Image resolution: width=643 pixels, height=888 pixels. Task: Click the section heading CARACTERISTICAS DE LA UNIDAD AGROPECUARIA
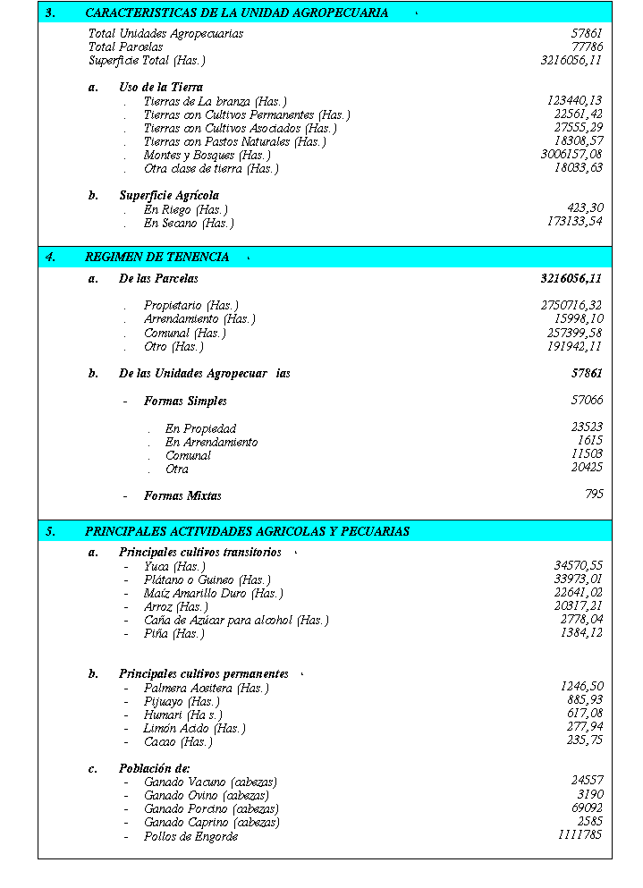pos(236,13)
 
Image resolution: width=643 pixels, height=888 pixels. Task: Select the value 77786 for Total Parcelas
pos(587,47)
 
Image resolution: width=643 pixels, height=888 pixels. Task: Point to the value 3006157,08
pos(571,156)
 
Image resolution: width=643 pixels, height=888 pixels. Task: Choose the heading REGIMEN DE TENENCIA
pos(157,258)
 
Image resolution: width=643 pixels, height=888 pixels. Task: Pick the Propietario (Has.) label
pos(190,306)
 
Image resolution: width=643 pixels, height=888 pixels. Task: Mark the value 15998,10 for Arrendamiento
pos(578,319)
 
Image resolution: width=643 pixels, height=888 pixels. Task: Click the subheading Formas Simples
pos(185,402)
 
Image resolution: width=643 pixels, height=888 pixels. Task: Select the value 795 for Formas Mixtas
pos(594,494)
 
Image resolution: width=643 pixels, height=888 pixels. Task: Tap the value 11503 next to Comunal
pos(587,454)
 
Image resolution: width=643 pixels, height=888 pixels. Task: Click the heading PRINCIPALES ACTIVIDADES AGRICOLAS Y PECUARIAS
pos(247,532)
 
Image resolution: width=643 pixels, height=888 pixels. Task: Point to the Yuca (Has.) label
pos(174,567)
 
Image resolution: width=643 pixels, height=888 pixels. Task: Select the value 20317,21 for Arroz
pos(578,606)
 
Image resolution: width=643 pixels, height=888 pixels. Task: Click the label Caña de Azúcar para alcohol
pos(236,621)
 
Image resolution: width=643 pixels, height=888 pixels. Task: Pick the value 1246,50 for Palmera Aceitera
pos(581,687)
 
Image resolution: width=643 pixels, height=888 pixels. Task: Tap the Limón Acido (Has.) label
pos(194,729)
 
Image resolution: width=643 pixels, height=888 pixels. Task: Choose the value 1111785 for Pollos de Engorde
pos(580,835)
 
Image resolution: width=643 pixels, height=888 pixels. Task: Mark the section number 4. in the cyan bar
pos(51,258)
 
